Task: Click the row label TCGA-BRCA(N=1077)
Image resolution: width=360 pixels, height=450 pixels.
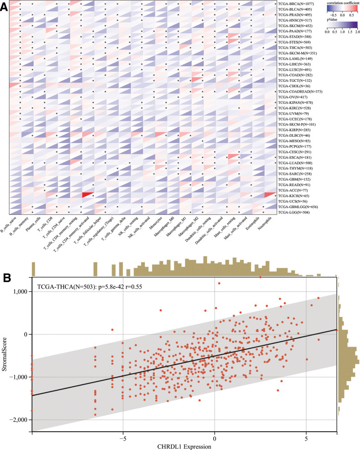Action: (298, 4)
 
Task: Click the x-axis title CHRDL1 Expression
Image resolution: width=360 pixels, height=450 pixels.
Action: (184, 446)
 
